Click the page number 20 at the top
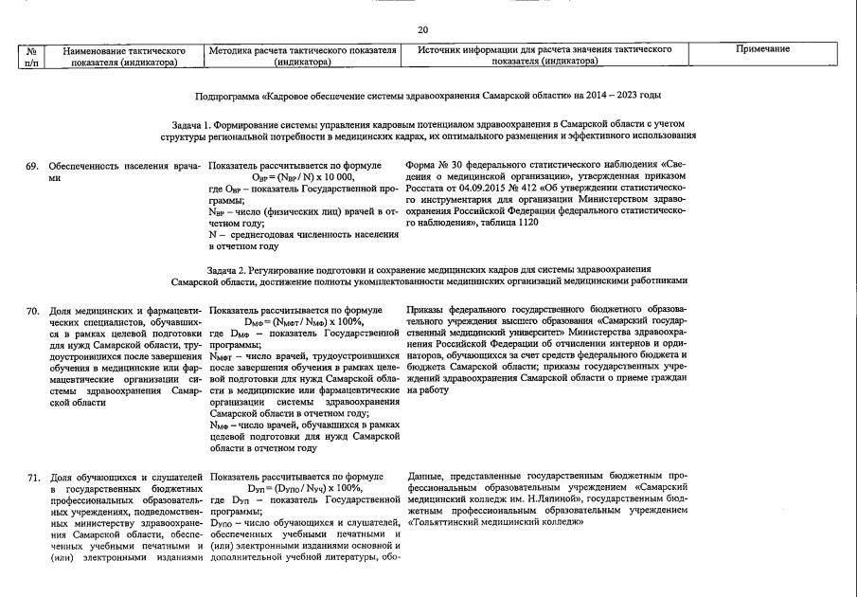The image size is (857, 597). tap(422, 30)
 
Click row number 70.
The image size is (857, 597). tap(32, 311)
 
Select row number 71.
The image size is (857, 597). tap(32, 477)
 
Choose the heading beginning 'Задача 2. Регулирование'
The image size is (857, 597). tap(428, 270)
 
